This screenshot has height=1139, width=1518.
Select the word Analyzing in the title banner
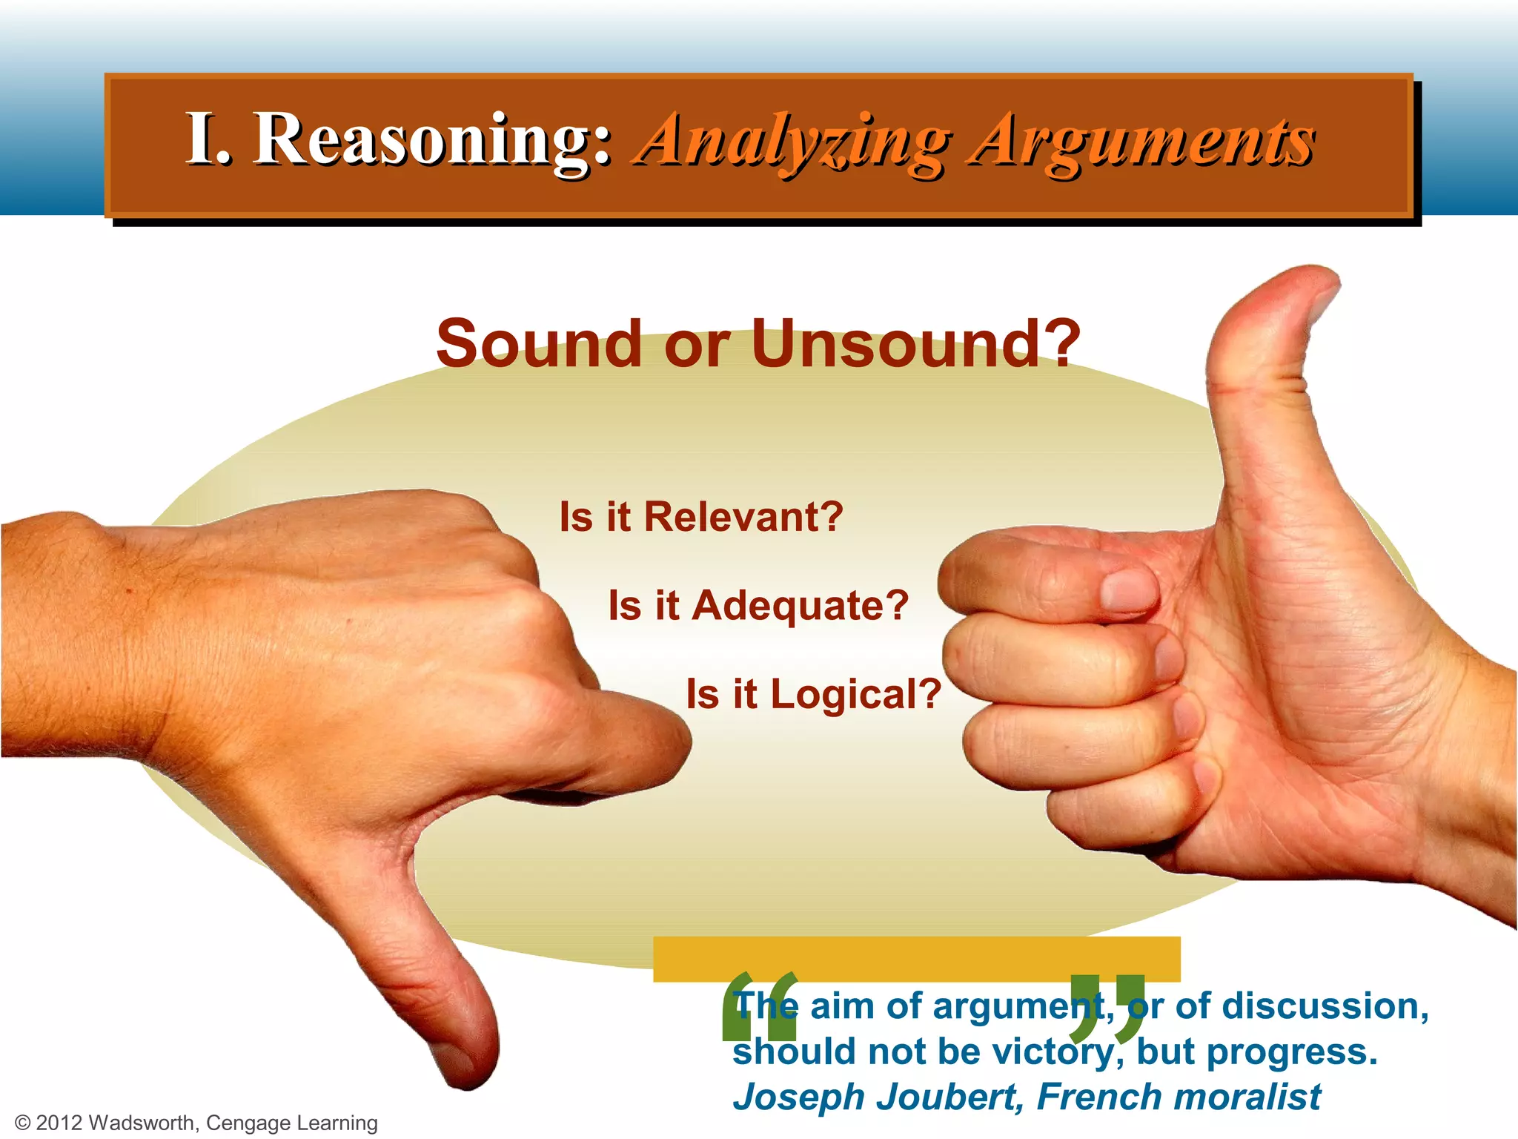(x=792, y=141)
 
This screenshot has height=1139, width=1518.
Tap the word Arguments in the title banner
(x=1142, y=141)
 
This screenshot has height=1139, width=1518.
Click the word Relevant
(x=743, y=517)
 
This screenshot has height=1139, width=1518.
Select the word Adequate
(x=800, y=606)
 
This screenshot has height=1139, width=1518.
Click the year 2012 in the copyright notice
(x=59, y=1123)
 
